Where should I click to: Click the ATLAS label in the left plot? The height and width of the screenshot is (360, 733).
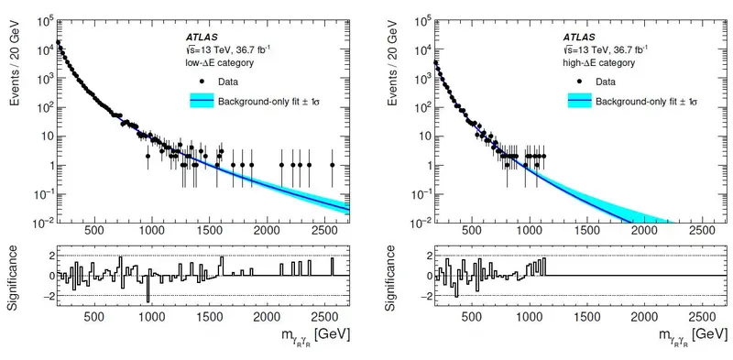(x=202, y=37)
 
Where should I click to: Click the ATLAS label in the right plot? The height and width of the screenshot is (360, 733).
(x=579, y=37)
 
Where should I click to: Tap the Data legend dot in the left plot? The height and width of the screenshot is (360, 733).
(x=202, y=82)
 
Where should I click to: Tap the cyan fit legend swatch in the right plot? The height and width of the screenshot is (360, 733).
(x=579, y=101)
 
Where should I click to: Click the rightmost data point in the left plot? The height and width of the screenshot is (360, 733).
(x=332, y=165)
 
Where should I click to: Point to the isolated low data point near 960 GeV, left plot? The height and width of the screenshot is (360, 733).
(x=148, y=156)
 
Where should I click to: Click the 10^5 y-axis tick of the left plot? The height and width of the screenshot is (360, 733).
(x=45, y=21)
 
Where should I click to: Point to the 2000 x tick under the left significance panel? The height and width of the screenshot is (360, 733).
(x=267, y=316)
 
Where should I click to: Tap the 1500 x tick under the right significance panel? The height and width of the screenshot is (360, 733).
(x=587, y=316)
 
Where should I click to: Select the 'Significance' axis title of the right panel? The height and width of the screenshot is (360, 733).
(x=393, y=278)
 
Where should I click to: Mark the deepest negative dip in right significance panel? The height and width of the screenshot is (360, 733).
(x=456, y=296)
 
